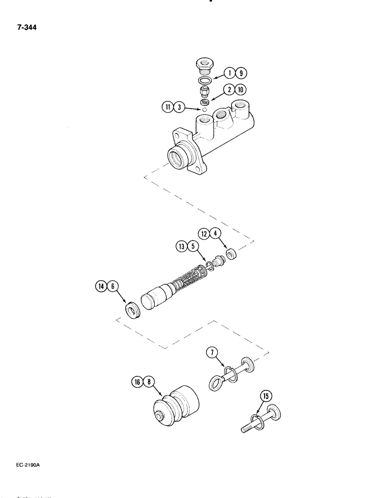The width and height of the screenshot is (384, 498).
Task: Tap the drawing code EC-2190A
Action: (x=26, y=465)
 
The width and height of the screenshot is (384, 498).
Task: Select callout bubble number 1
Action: (x=230, y=73)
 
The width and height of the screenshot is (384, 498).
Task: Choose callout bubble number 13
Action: (x=181, y=246)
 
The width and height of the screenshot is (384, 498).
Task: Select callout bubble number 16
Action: (x=138, y=382)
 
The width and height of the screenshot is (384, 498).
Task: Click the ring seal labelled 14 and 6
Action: (x=132, y=312)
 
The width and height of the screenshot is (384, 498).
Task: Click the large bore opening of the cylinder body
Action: (x=178, y=158)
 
